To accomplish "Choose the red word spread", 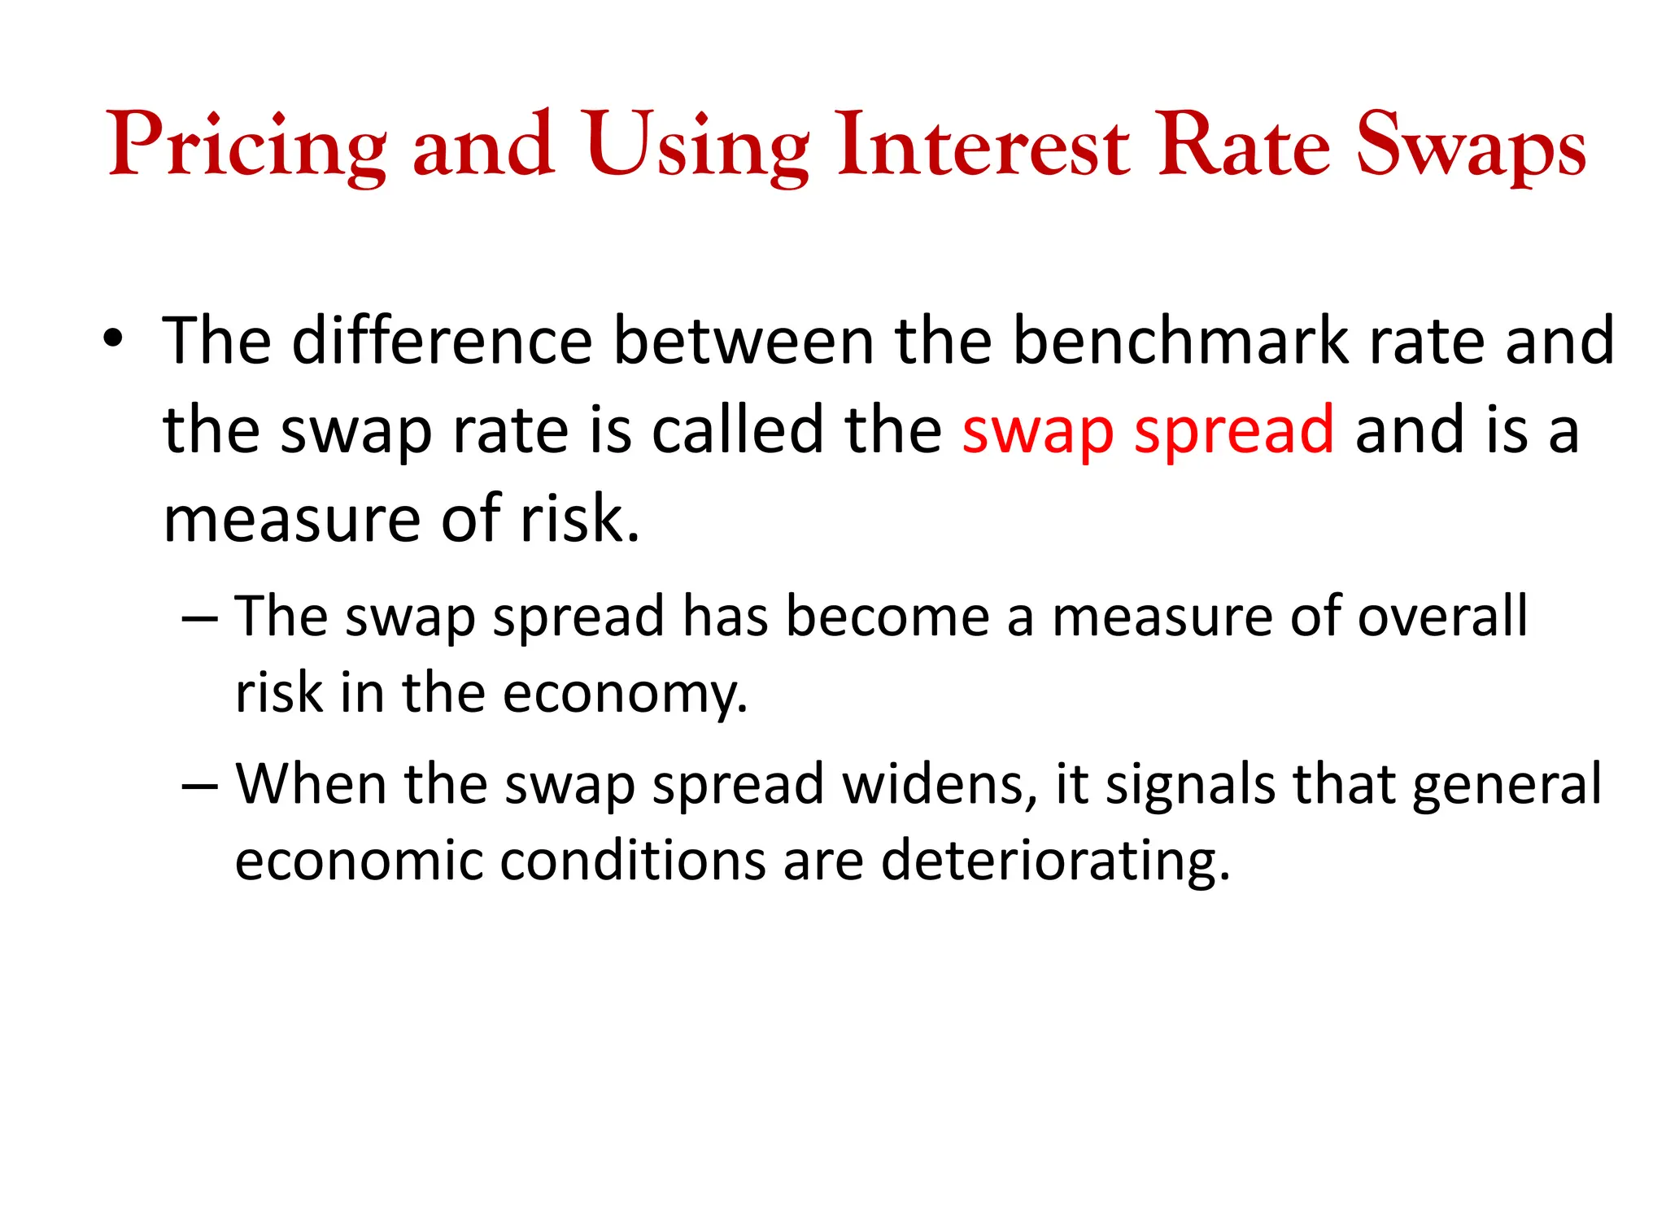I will point(1234,431).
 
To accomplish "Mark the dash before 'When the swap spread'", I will point(199,786).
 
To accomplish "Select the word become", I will point(888,616).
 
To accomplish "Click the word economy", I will point(624,694).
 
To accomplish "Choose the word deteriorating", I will point(1055,861).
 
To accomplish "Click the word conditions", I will point(632,861).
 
